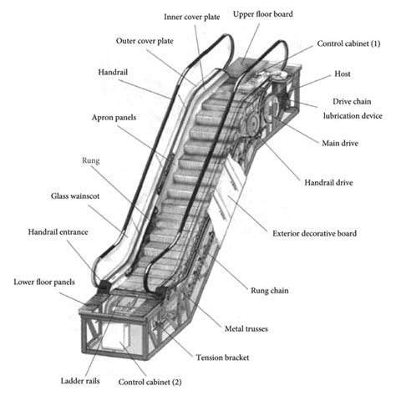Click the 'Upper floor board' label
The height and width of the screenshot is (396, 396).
(269, 15)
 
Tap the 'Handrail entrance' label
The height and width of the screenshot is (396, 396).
(44, 231)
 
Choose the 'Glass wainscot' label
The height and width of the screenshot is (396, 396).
(49, 197)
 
